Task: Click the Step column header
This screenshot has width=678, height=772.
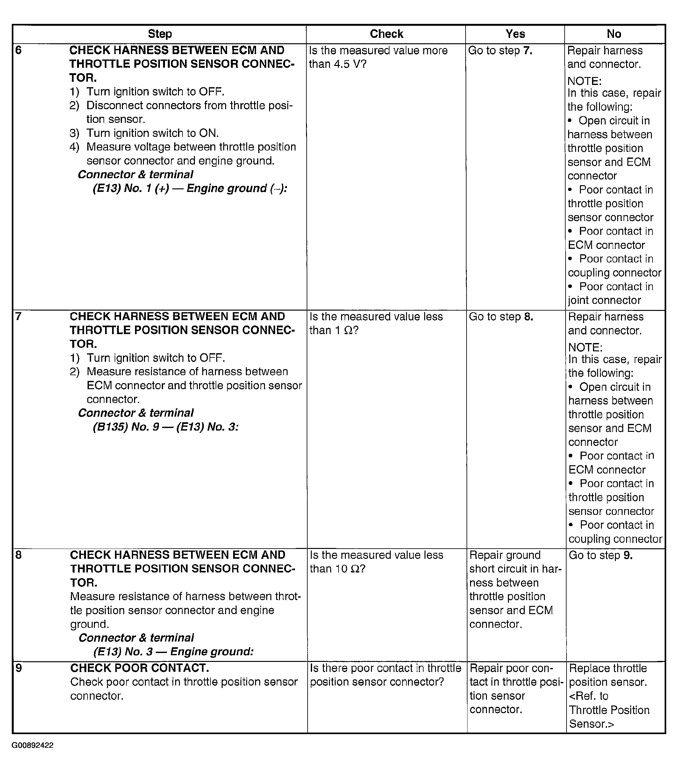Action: click(160, 34)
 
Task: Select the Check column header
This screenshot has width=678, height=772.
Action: click(386, 34)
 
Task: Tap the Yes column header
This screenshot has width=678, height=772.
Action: click(515, 34)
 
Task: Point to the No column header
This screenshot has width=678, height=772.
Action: click(614, 34)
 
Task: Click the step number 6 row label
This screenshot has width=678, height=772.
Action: click(19, 50)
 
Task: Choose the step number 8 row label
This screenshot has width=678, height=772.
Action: click(19, 555)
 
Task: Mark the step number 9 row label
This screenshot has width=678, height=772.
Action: click(19, 668)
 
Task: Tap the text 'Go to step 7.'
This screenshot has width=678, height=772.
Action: click(500, 51)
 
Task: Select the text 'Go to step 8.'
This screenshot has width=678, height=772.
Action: click(501, 317)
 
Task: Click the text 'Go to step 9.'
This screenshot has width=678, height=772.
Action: click(600, 555)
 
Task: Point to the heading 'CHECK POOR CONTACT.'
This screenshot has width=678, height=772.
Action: click(139, 668)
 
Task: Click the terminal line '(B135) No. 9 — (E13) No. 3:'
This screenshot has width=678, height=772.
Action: click(166, 427)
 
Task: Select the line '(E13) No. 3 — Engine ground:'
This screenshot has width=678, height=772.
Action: click(173, 651)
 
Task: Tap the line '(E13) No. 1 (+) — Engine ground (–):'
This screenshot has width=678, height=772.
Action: click(190, 188)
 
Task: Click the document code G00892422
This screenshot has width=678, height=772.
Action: click(32, 745)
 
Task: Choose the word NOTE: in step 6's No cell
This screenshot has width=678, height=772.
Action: click(584, 81)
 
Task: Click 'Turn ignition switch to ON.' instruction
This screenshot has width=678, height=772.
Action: click(152, 133)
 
